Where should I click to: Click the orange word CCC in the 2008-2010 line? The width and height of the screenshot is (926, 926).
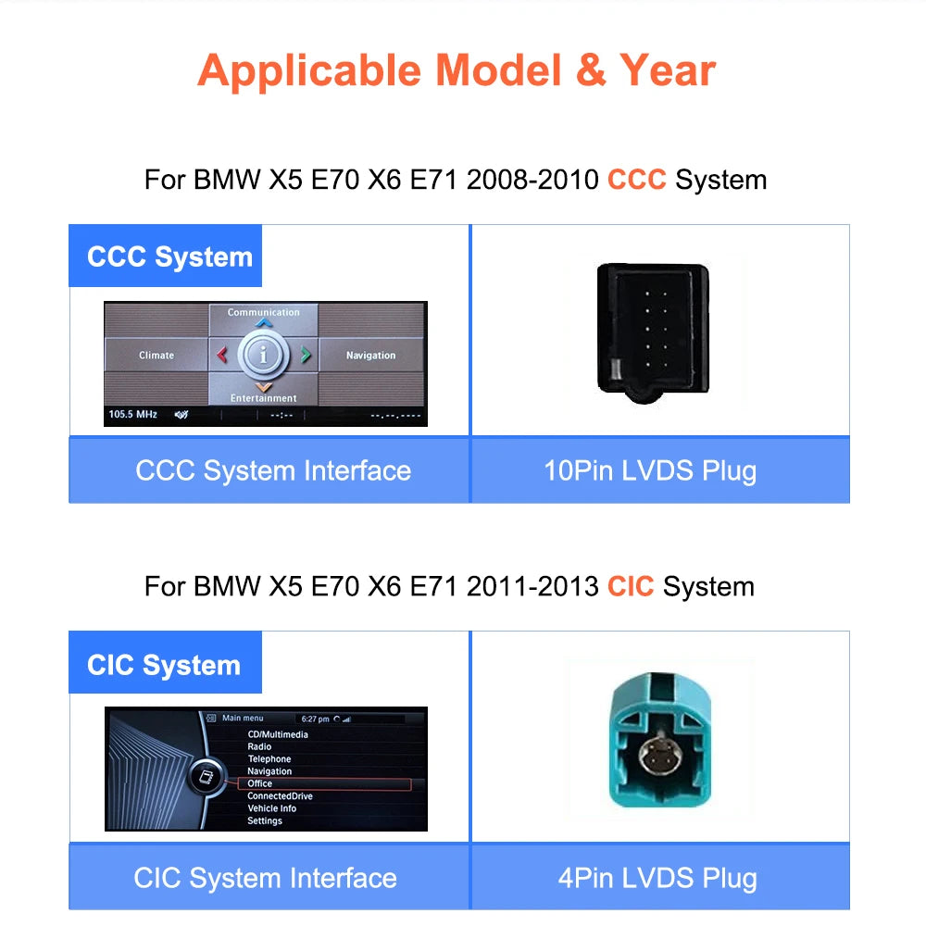point(637,180)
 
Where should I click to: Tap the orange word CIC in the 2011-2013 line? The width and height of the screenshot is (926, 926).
point(631,586)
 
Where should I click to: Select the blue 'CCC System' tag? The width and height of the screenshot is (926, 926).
point(166,256)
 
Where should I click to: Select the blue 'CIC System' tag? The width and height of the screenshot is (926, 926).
point(166,663)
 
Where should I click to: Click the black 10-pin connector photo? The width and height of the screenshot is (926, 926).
point(653,333)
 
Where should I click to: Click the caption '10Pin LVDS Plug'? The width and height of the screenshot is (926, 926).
point(650,470)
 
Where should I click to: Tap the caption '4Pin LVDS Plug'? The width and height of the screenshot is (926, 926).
point(657,878)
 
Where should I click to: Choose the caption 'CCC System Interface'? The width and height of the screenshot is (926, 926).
point(273,470)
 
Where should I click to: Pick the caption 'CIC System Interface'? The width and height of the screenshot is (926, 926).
point(265,878)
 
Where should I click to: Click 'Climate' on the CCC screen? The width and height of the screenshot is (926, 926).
point(156,355)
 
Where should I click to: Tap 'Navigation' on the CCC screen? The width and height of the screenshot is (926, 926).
point(371,355)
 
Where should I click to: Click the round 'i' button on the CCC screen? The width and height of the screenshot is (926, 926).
point(263,355)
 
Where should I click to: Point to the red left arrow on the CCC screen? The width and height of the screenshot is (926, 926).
point(222,355)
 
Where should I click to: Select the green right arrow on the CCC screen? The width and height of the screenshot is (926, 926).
point(306,355)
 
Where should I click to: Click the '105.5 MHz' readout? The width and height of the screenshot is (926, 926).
point(132,414)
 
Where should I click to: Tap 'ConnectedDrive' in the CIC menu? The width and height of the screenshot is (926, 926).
point(280,796)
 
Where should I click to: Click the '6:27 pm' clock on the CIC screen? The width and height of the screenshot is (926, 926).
point(316,719)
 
